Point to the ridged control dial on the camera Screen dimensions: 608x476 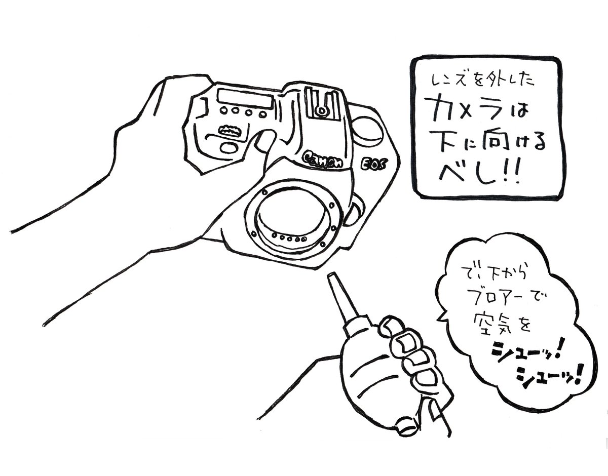[229, 130]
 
